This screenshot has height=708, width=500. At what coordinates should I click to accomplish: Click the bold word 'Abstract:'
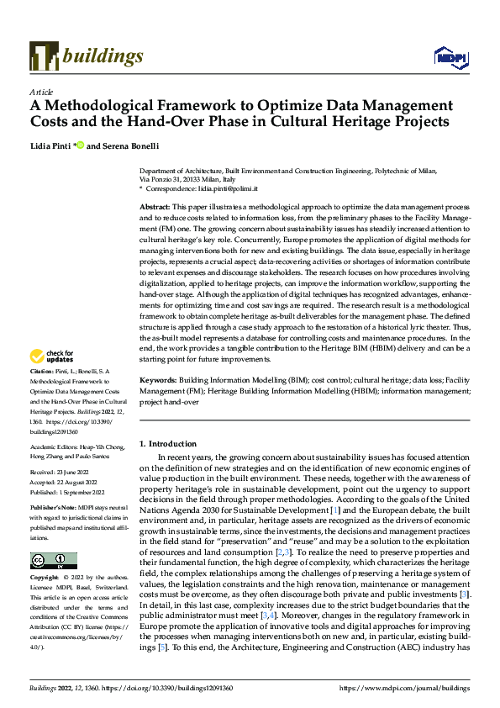[155, 206]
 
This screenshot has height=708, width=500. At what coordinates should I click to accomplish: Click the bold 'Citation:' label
[43, 395]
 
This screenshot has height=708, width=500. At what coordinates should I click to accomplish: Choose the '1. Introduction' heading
[167, 443]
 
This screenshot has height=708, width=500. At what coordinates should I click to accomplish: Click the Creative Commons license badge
[53, 561]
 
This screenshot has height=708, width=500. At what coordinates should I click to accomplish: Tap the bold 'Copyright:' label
[45, 579]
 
